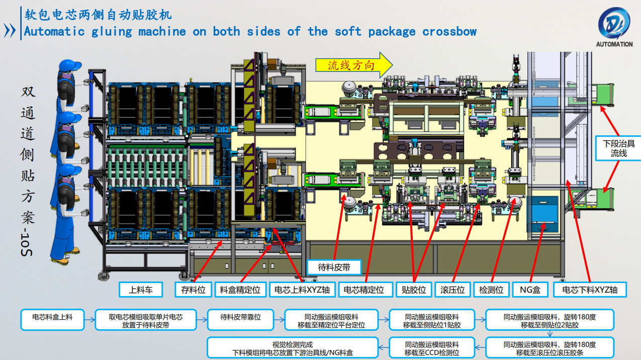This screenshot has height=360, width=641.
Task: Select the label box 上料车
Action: click(141, 290)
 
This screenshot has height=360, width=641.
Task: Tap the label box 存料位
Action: click(194, 290)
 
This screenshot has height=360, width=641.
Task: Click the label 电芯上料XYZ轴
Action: click(302, 290)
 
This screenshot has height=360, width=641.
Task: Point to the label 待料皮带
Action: click(335, 267)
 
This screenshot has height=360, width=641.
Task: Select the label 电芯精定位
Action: click(364, 290)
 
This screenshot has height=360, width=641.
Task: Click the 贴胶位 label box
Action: click(414, 290)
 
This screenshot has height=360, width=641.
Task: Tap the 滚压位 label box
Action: click(452, 290)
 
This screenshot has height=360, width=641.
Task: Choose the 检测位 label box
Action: click(491, 290)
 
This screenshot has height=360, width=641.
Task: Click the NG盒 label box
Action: click(530, 290)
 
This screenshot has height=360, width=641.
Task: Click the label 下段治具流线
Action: click(618, 148)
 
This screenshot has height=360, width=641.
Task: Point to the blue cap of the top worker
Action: click(69, 65)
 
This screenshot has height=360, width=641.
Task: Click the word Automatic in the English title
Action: click(54, 32)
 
